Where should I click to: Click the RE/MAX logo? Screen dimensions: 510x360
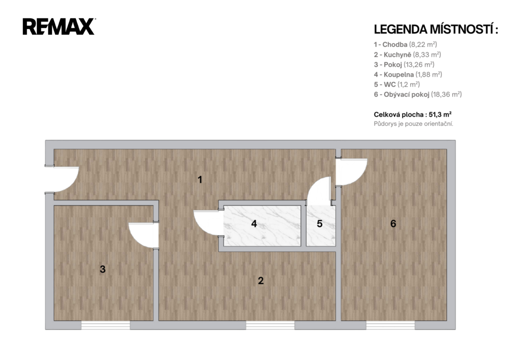pos(59,27)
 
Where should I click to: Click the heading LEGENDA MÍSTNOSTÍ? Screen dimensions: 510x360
pos(436,29)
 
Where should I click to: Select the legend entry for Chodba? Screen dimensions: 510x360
pos(405,44)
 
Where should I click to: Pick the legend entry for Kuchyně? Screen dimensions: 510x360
pos(407,55)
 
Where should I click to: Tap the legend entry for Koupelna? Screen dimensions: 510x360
pos(408,75)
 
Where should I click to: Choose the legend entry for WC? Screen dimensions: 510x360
pos(397,85)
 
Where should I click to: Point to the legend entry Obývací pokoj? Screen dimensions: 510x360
pos(418,95)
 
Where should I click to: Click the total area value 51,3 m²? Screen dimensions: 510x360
pos(440,115)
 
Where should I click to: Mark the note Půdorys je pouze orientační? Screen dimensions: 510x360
pos(413,124)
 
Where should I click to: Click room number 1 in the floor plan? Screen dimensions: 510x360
pos(200,180)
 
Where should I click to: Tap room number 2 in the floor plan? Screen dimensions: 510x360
pos(260,281)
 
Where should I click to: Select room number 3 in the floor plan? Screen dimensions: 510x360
pos(103,269)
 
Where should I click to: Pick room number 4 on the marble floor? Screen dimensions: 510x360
pos(254,224)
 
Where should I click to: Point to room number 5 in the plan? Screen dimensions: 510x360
pos(320,224)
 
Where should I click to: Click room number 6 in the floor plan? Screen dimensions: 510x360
pos(393,224)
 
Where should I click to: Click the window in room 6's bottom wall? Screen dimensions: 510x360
pos(390,325)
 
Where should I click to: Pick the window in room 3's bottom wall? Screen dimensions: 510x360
pos(106,325)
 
